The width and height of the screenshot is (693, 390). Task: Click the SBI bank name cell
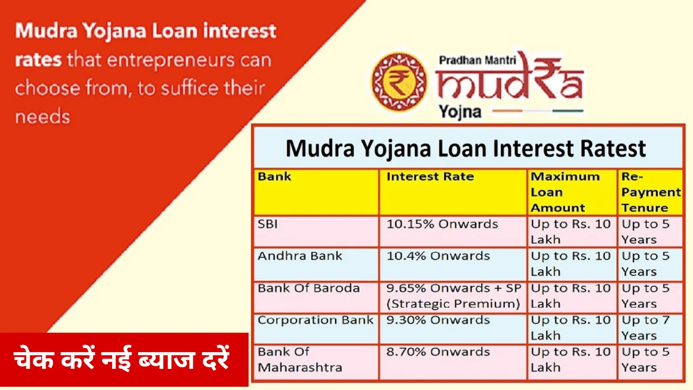pyautogui.click(x=316, y=231)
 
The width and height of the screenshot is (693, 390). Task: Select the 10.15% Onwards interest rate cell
pyautogui.click(x=453, y=231)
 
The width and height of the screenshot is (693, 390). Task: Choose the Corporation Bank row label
pyautogui.click(x=316, y=329)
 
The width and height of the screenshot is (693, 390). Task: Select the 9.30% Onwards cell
pyautogui.click(x=453, y=329)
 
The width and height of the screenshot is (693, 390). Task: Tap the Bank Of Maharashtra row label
pyautogui.click(x=316, y=361)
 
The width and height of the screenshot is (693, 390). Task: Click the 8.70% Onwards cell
pyautogui.click(x=453, y=361)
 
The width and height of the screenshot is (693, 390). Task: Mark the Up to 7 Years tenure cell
pyautogui.click(x=650, y=329)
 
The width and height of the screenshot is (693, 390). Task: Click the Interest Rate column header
pyautogui.click(x=453, y=192)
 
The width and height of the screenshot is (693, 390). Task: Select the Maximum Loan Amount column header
pyautogui.click(x=572, y=192)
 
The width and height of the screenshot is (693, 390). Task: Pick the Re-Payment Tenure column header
pyautogui.click(x=650, y=192)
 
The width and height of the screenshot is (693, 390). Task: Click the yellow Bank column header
pyautogui.click(x=316, y=192)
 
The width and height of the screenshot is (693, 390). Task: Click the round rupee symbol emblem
pyautogui.click(x=399, y=81)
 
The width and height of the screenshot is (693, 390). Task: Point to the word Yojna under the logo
pyautogui.click(x=460, y=112)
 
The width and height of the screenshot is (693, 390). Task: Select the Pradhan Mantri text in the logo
pyautogui.click(x=478, y=60)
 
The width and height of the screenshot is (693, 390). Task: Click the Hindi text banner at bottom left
pyautogui.click(x=124, y=360)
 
